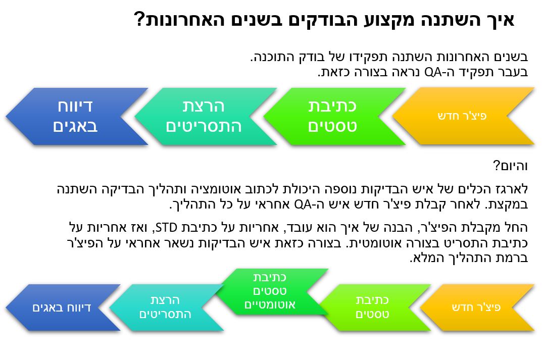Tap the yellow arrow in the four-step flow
pos(463,116)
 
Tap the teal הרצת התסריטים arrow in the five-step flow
pos(166,307)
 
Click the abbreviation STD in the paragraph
pos(166,228)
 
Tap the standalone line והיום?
pos(511,166)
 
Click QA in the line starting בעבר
pos(433,72)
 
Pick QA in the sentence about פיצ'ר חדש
pos(303,204)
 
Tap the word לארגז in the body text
pos(514,189)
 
